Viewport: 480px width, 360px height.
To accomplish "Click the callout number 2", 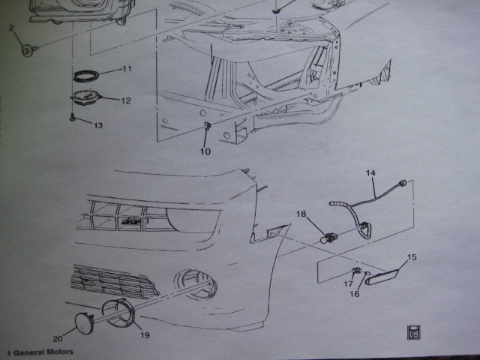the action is [11, 28].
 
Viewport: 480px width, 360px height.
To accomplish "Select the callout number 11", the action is [127, 69].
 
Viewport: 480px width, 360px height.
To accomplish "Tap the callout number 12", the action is [126, 100].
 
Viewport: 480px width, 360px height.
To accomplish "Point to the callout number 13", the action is [98, 125].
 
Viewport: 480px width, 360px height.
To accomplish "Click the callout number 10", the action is [205, 151].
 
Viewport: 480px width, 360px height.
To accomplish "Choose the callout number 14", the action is [370, 173].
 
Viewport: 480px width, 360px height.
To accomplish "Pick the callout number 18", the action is [301, 214].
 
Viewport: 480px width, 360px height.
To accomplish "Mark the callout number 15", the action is [412, 257].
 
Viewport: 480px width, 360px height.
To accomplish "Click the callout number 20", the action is [58, 338].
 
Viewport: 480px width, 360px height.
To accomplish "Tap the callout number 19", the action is [145, 335].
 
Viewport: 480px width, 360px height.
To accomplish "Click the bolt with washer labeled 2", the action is [29, 50].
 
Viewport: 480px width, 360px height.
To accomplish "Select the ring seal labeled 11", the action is [86, 76].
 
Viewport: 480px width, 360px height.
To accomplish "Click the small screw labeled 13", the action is [73, 118].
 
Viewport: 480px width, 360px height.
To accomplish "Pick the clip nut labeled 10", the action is [207, 126].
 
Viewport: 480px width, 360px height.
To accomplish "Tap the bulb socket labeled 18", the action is [327, 238].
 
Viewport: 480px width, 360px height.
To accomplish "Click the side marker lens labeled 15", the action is [382, 276].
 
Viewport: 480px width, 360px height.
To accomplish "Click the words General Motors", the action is [43, 352].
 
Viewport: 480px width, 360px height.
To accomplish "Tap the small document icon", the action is [413, 332].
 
